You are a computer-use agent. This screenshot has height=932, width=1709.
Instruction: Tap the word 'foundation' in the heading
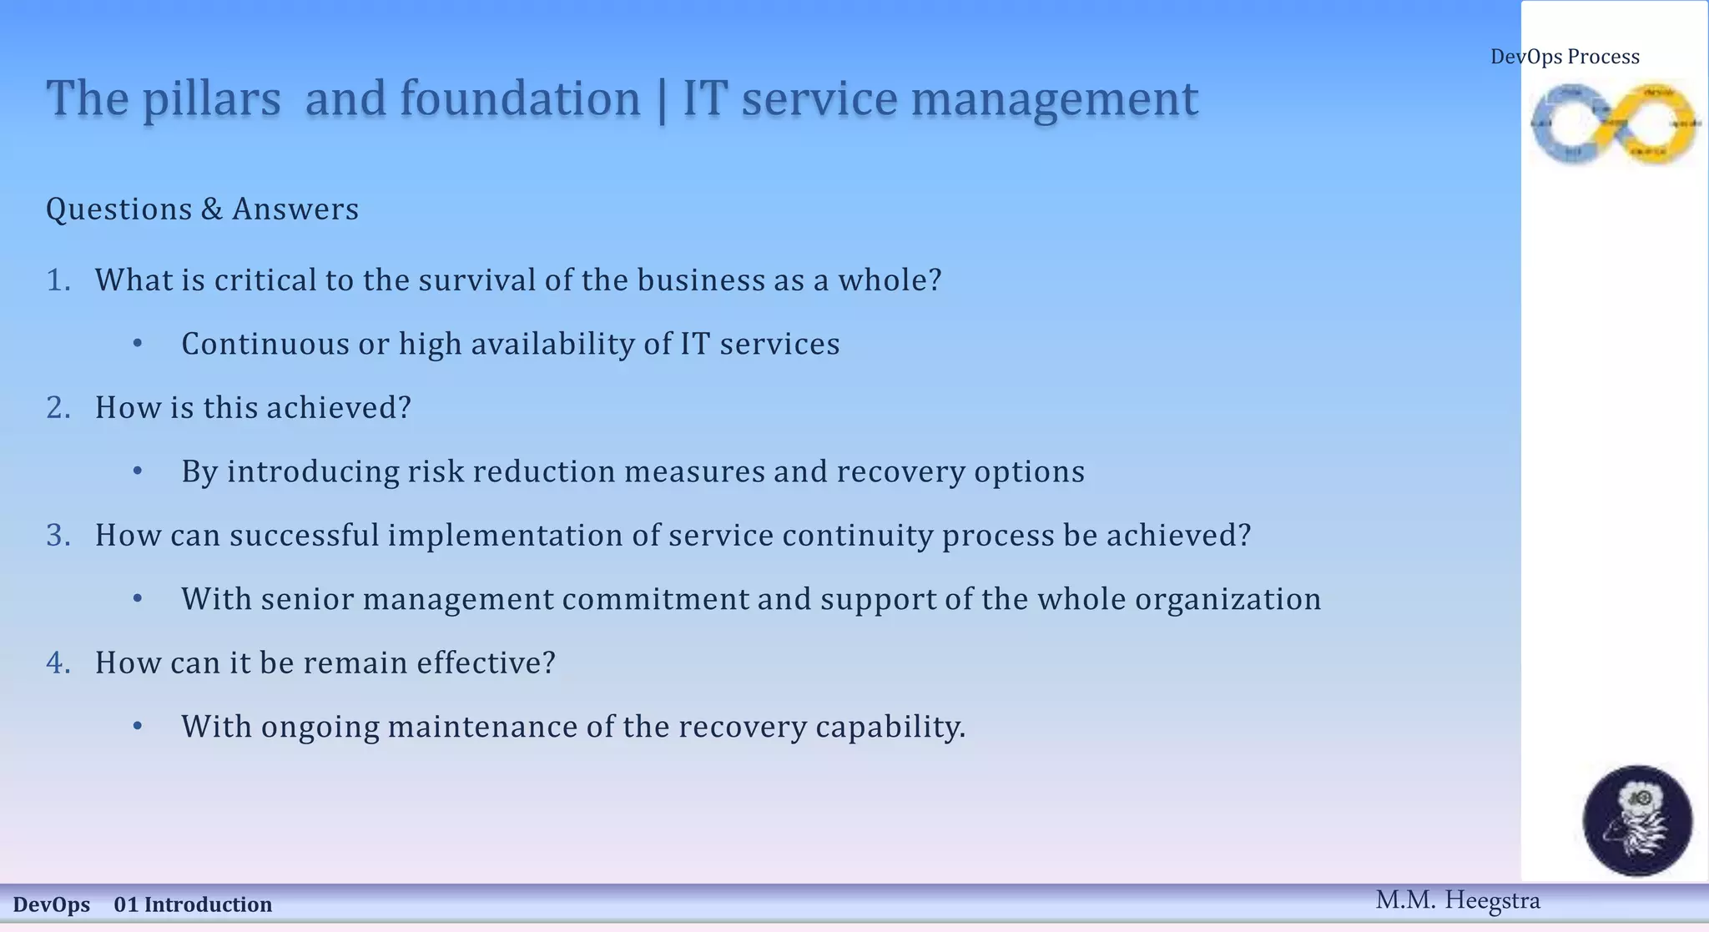coord(519,99)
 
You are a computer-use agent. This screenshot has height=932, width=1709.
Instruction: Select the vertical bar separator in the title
coord(662,99)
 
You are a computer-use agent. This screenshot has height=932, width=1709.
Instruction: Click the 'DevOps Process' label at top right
coord(1565,57)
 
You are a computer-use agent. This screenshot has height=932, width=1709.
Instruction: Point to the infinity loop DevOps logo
coord(1615,123)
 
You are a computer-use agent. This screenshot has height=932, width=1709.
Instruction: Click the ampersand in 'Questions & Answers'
coord(211,209)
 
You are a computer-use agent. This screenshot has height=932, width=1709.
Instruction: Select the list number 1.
coord(58,280)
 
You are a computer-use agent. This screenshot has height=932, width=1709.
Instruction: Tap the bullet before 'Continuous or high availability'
coord(138,345)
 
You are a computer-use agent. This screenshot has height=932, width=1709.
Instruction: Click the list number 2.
coord(58,408)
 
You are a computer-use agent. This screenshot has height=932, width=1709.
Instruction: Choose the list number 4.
coord(58,663)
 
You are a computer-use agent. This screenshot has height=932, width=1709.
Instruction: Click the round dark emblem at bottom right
coord(1637,820)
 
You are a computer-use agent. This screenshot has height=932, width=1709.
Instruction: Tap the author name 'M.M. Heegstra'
coord(1457,900)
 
